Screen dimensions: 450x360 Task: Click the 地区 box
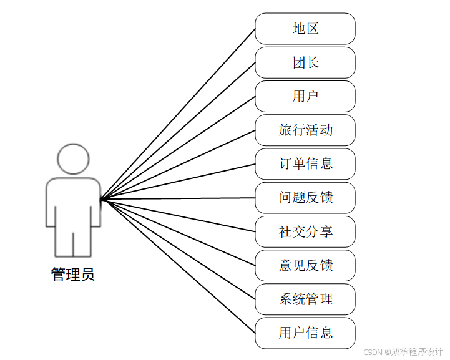(305, 29)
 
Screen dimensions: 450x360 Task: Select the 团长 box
(305, 62)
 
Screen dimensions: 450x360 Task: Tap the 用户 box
(305, 97)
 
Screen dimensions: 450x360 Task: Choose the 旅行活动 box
(305, 130)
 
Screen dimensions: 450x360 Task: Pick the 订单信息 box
(305, 164)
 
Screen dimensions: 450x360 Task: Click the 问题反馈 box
(305, 198)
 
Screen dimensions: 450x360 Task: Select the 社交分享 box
(305, 232)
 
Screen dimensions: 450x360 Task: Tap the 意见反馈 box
(305, 266)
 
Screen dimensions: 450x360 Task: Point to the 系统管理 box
(305, 299)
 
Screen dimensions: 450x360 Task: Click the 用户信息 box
(305, 333)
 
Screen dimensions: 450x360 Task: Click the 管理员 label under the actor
(73, 275)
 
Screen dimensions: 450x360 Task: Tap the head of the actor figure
(73, 159)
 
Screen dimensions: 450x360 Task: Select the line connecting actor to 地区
(178, 114)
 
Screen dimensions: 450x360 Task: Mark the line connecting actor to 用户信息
(178, 266)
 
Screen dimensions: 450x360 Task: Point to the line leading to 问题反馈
(178, 198)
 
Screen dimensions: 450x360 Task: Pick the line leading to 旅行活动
(178, 165)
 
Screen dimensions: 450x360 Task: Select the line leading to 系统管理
(178, 250)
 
